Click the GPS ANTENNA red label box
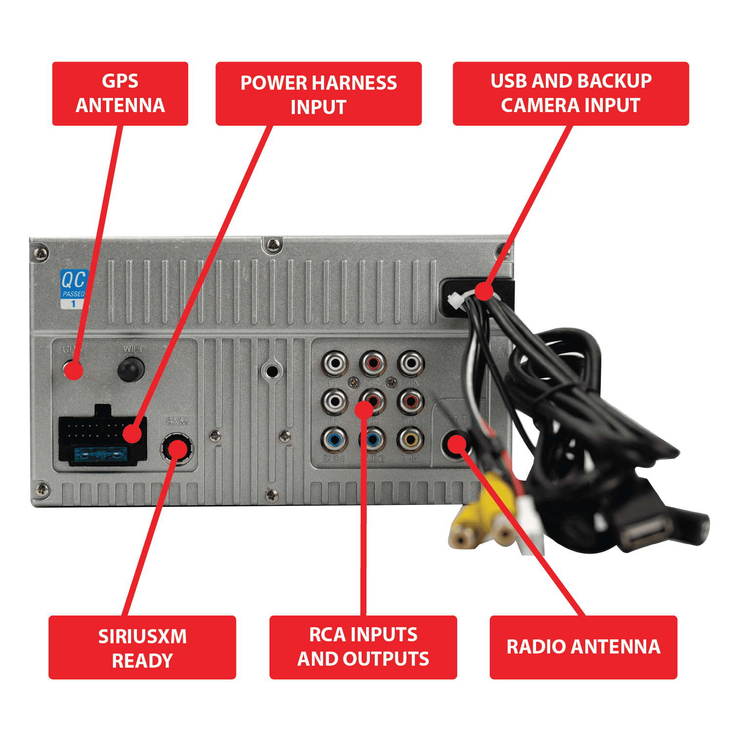coord(120,94)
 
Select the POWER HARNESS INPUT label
coord(318,94)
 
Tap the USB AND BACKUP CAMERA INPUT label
coord(571,94)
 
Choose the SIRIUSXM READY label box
coord(142,647)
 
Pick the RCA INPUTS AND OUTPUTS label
coord(363,647)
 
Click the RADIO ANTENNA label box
coord(583,647)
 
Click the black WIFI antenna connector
coord(131,368)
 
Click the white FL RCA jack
coord(335,363)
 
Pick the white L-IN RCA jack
coord(411,363)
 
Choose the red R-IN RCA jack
coord(410,401)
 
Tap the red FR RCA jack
coord(373,363)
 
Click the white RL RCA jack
coord(335,401)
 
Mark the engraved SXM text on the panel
coord(177,421)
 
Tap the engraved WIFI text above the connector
coord(133,349)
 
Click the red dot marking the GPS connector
coord(74,370)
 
